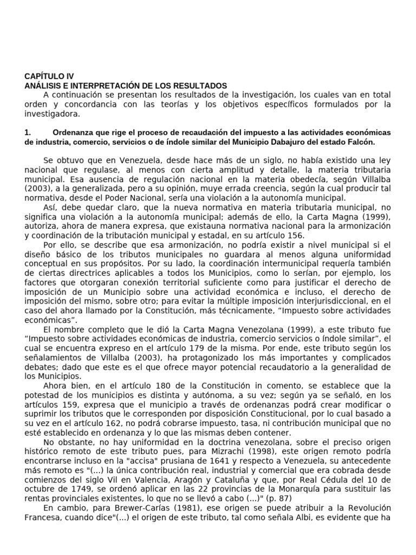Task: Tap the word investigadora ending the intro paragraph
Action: pyautogui.click(x=52, y=114)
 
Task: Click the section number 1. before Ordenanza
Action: pyautogui.click(x=29, y=132)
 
